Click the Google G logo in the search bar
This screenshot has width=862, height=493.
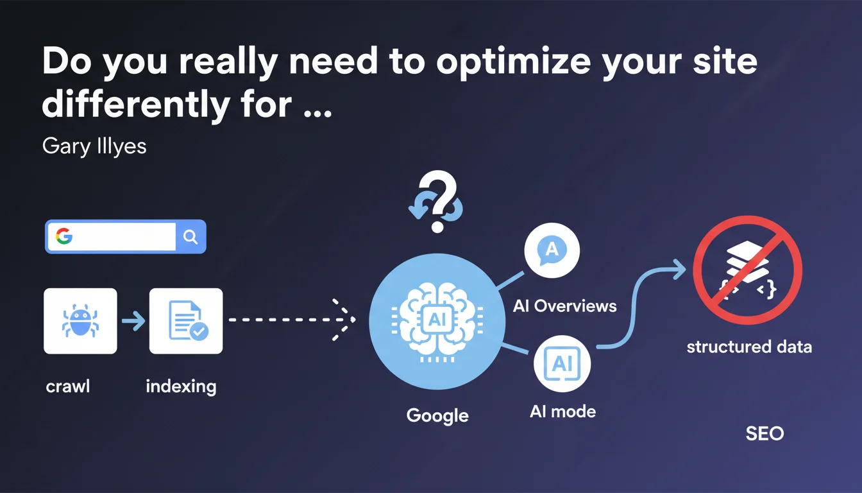point(64,236)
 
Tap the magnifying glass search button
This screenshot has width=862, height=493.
point(190,236)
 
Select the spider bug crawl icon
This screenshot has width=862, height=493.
point(80,320)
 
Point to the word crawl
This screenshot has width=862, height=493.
point(68,386)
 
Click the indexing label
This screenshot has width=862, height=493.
point(182,386)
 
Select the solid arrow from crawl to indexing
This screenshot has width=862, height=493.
point(133,320)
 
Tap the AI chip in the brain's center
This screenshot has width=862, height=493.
point(437,319)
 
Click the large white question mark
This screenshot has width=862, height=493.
point(438,201)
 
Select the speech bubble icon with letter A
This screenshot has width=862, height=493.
point(552,250)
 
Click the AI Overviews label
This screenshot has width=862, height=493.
point(564,306)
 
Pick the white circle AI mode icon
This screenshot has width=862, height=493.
point(562,363)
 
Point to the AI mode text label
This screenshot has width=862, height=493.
point(562,411)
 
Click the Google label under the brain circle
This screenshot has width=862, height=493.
point(437,416)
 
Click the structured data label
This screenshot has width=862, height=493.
point(749,347)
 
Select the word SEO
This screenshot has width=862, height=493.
point(765,434)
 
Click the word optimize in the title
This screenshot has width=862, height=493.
point(513,62)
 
